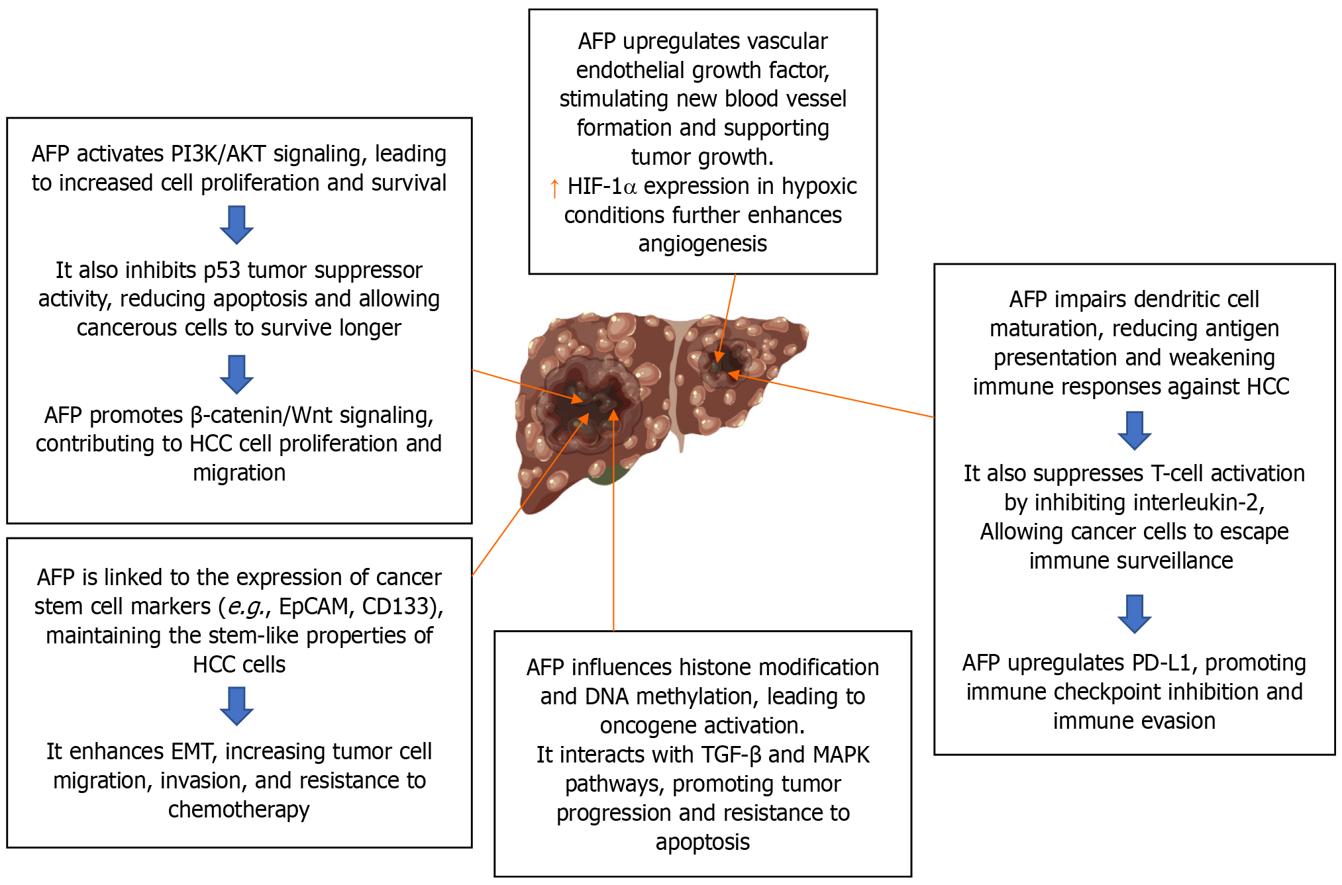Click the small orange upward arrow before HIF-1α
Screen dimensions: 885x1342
(554, 188)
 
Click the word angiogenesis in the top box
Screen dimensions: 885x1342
(702, 244)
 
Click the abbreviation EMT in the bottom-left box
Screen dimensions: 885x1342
(191, 752)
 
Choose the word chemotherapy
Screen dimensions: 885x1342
(238, 810)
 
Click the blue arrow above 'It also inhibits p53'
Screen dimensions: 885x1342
(236, 225)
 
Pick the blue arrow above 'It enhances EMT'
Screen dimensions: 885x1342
(236, 706)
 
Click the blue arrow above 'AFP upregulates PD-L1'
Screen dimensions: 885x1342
(1134, 614)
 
